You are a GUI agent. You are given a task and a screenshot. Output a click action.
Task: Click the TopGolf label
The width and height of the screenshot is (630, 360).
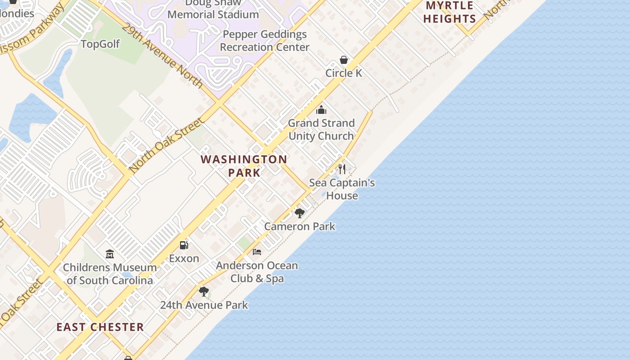(x=100, y=44)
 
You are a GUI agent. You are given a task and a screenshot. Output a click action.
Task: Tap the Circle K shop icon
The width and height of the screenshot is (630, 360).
(x=344, y=60)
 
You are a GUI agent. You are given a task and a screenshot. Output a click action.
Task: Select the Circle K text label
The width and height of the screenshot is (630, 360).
(x=344, y=73)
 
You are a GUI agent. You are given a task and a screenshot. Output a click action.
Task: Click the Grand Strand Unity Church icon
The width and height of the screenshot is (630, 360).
(x=321, y=110)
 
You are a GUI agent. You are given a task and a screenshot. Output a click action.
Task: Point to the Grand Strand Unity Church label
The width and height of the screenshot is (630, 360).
(x=321, y=130)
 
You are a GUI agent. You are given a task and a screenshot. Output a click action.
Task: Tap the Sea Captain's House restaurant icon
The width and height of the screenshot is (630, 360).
(x=342, y=169)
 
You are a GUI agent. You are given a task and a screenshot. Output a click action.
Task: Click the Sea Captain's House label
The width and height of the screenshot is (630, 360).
(x=342, y=189)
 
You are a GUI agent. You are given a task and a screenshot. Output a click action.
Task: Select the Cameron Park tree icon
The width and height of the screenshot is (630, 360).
(x=299, y=213)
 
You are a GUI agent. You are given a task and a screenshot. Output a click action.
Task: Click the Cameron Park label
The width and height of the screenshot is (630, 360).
(x=300, y=226)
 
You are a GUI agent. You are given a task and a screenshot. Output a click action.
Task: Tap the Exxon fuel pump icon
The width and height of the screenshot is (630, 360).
(x=184, y=245)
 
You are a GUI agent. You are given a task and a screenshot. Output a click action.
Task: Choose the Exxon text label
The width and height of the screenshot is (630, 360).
(x=184, y=258)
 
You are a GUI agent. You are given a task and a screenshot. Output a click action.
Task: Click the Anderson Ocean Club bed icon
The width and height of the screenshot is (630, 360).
(x=257, y=252)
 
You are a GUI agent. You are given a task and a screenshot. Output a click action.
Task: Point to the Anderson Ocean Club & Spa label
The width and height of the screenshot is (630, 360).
(x=257, y=272)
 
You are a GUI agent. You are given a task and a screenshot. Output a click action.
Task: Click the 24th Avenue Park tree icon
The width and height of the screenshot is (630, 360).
(x=204, y=292)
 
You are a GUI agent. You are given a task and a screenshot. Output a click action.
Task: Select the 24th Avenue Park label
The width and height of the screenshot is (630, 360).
(x=204, y=305)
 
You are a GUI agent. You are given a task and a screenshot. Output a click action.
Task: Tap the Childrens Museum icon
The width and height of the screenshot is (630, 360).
(x=110, y=254)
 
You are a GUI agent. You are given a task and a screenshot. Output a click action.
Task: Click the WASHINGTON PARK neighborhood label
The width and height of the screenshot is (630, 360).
(x=244, y=166)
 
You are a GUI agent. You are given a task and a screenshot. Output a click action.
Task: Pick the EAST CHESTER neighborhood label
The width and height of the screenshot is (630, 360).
(x=100, y=327)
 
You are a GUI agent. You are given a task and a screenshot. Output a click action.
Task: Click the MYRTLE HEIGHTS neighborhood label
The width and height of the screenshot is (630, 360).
(x=450, y=12)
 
